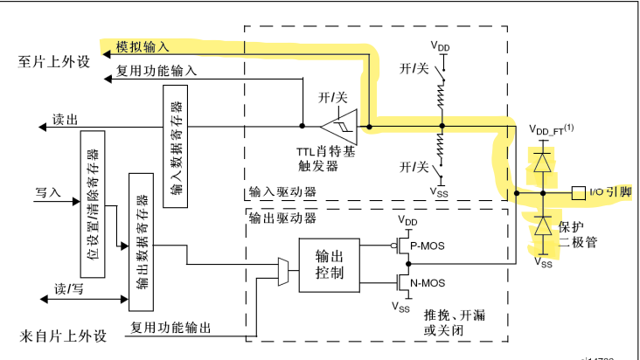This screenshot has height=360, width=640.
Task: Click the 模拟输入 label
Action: tap(150, 45)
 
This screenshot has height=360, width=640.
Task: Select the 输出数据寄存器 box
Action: tap(141, 240)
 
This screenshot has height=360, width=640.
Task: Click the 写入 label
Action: tap(47, 190)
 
